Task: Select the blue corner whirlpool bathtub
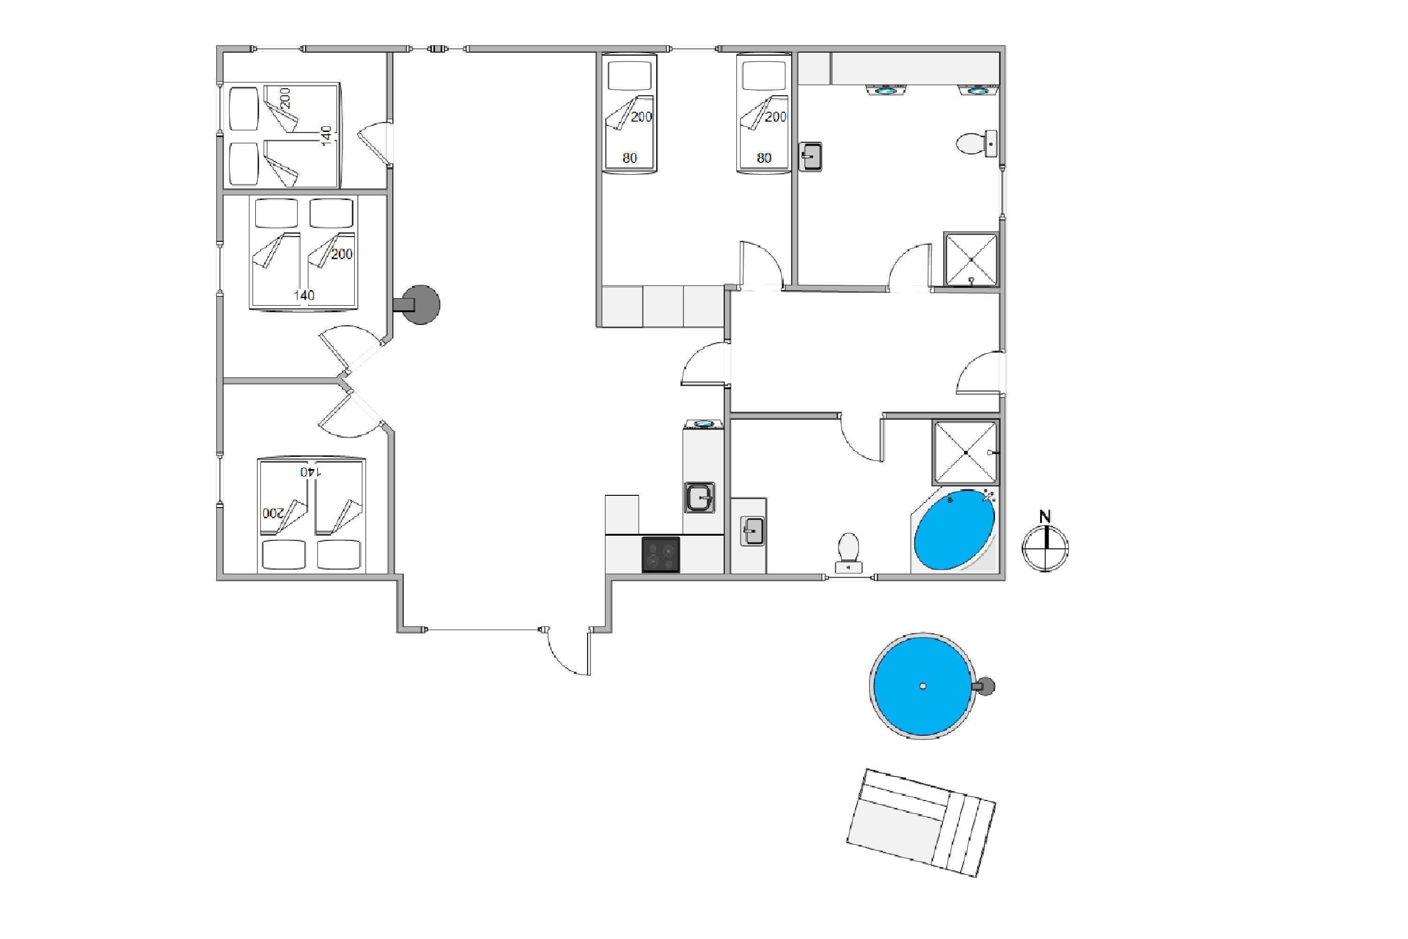coord(954,530)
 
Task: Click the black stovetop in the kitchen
coord(661,554)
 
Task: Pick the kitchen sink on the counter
coord(699,497)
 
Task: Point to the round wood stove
coord(420,305)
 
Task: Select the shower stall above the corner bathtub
coord(965,453)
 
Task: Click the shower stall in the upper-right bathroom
coord(971,259)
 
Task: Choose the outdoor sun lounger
coord(921,823)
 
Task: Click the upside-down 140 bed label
coord(311,472)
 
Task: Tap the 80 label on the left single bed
coord(629,158)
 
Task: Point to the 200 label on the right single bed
coord(775,117)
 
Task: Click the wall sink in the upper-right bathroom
coord(811,157)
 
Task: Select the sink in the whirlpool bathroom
coord(752,531)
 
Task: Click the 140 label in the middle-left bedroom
coord(304,295)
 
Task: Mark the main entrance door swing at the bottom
coord(569,652)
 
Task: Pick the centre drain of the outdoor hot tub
coord(923,686)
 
